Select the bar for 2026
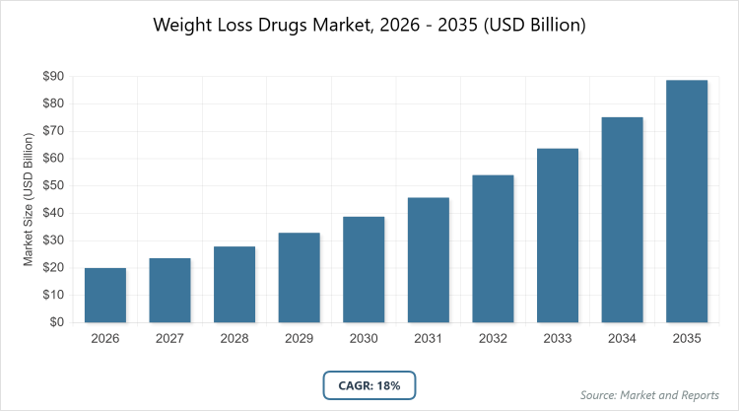104,295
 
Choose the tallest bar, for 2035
687,201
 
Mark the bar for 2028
235,284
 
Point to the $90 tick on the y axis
52,76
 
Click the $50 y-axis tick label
52,185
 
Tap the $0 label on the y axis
56,322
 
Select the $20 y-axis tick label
52,267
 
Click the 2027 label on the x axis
169,338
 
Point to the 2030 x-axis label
364,338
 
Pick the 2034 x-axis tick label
622,338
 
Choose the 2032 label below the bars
493,338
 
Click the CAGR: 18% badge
369,385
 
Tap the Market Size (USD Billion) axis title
29,199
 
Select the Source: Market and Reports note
649,394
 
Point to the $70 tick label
52,131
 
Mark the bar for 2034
622,219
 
